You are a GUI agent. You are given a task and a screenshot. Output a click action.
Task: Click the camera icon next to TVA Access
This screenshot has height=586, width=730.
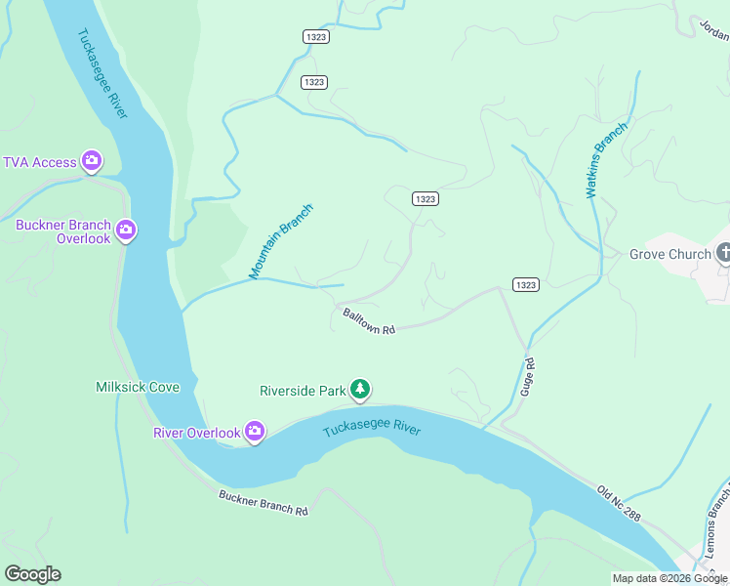[x=92, y=161]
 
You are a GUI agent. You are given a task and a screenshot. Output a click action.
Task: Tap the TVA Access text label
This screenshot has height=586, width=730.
[x=40, y=162]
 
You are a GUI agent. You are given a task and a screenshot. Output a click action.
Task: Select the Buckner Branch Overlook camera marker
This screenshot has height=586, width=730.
[x=125, y=230]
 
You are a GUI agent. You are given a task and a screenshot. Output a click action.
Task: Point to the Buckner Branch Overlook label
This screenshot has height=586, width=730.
[x=62, y=231]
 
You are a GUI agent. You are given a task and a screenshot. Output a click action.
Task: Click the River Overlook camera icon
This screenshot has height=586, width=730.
[x=254, y=431]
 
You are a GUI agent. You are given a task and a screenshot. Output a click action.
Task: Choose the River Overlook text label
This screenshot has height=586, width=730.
[x=196, y=433]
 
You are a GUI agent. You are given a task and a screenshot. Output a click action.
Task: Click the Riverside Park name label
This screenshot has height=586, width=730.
[x=303, y=391]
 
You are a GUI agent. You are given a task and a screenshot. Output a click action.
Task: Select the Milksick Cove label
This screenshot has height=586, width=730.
[x=138, y=387]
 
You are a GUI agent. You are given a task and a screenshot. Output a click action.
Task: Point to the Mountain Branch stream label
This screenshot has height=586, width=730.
[x=281, y=241]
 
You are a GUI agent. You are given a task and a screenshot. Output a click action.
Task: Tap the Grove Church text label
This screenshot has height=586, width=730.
[x=669, y=255]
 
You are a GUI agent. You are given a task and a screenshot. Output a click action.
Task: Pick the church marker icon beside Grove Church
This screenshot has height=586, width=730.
[x=723, y=254]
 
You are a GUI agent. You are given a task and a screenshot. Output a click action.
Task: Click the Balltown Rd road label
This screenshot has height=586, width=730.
[x=369, y=321]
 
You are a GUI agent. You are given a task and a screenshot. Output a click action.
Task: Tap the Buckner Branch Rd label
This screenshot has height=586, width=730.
[x=263, y=502]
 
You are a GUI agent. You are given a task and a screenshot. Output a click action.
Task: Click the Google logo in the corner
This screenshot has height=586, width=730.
[x=32, y=574]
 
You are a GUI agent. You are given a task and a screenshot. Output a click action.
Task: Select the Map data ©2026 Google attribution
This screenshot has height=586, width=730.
[x=669, y=578]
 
